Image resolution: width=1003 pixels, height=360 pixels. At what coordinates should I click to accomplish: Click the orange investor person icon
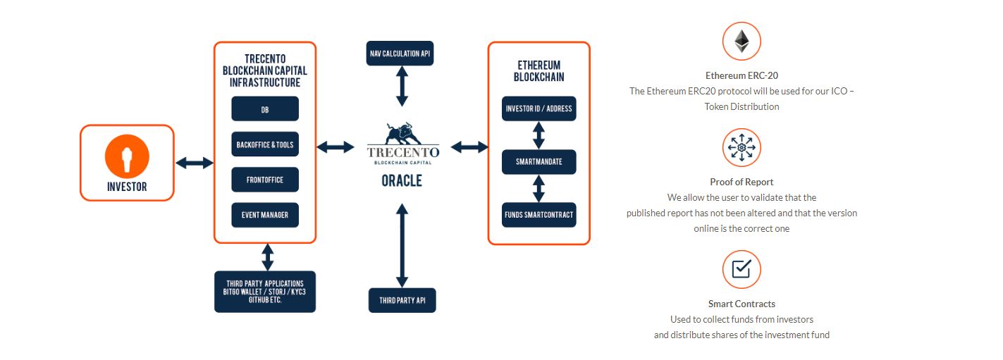127,156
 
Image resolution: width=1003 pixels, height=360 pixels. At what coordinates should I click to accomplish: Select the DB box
265,108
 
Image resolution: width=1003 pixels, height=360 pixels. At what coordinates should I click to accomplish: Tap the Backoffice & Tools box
265,144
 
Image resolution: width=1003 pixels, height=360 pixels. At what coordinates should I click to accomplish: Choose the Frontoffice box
265,180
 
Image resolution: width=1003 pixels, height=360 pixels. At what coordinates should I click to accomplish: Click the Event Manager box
265,215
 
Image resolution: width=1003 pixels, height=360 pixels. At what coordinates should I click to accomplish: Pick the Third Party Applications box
265,292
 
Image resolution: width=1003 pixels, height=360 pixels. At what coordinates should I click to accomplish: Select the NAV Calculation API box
400,54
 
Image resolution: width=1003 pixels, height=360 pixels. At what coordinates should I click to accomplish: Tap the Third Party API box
402,300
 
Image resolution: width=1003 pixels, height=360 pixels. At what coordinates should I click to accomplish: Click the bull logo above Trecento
402,133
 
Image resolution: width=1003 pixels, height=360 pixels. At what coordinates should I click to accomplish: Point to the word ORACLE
402,180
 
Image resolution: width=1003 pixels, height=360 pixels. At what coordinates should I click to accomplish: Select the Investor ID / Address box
539,108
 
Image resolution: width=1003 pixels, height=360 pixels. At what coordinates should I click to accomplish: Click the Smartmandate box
539,161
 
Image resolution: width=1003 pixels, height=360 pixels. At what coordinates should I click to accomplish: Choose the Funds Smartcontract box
539,215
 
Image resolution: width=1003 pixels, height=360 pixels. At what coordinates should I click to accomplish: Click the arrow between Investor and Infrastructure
195,163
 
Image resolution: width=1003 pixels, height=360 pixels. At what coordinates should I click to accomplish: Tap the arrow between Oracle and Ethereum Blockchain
469,147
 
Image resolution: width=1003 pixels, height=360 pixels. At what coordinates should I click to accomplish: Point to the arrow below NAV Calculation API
402,86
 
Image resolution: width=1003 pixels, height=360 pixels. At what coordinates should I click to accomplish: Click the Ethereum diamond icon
742,41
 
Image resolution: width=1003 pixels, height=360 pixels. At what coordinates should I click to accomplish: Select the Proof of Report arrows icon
742,147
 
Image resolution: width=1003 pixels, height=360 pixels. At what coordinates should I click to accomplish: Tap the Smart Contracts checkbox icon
741,268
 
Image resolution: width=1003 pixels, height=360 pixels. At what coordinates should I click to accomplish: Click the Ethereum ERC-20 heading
742,75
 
